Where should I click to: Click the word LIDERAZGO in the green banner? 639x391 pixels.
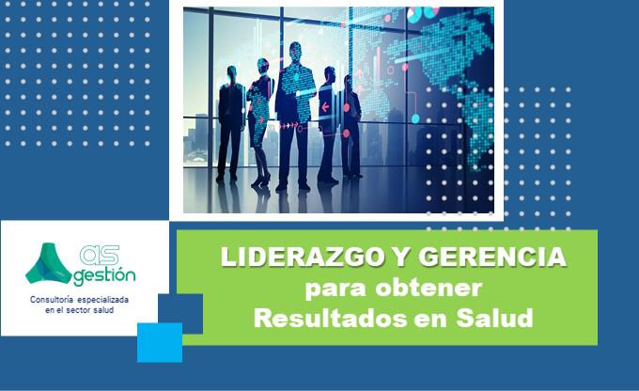[281, 258]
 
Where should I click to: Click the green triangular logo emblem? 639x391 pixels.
[48, 265]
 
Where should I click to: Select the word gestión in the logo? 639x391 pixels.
[103, 276]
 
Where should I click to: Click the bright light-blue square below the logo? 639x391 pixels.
[159, 342]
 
